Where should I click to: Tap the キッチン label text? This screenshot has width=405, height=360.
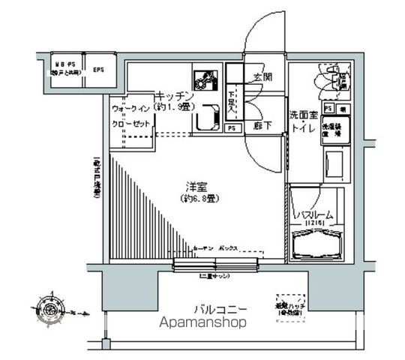click(175, 97)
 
